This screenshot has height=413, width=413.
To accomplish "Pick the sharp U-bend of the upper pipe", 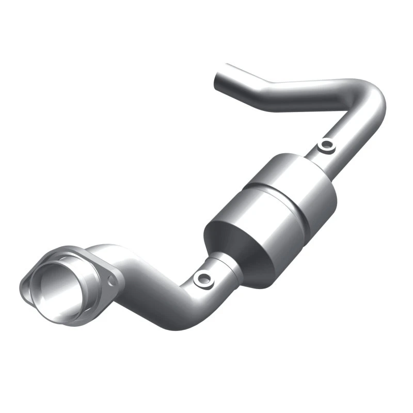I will [x=373, y=101].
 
